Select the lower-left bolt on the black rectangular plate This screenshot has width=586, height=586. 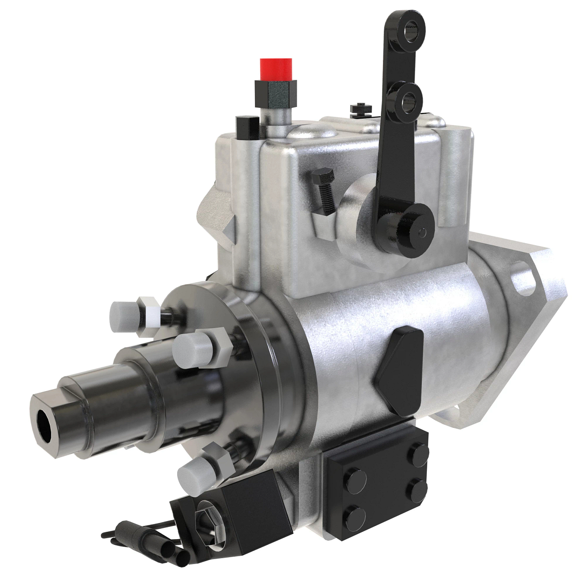tap(357, 514)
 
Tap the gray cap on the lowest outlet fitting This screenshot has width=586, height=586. tap(191, 472)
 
